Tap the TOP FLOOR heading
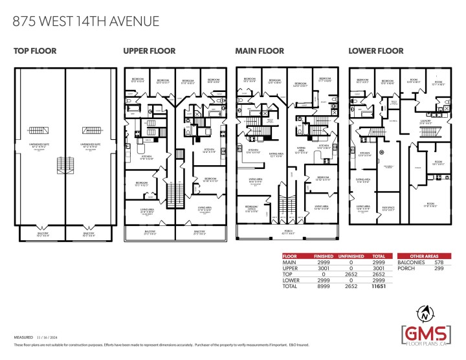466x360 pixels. pos(35,51)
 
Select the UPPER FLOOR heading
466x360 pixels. pos(148,51)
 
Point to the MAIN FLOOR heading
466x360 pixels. pos(259,51)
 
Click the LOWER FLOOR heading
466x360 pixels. pos(376,51)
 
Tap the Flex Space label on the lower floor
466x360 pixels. pos(388,208)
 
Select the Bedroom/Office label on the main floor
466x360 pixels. pos(251,209)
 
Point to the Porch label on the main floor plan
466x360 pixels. pos(279,231)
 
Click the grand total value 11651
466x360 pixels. pos(378,285)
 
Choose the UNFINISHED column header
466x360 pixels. pos(351,256)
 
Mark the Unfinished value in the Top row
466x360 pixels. pos(351,273)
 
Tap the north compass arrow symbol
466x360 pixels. pos(424,312)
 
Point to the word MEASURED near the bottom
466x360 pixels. pos(24,337)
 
